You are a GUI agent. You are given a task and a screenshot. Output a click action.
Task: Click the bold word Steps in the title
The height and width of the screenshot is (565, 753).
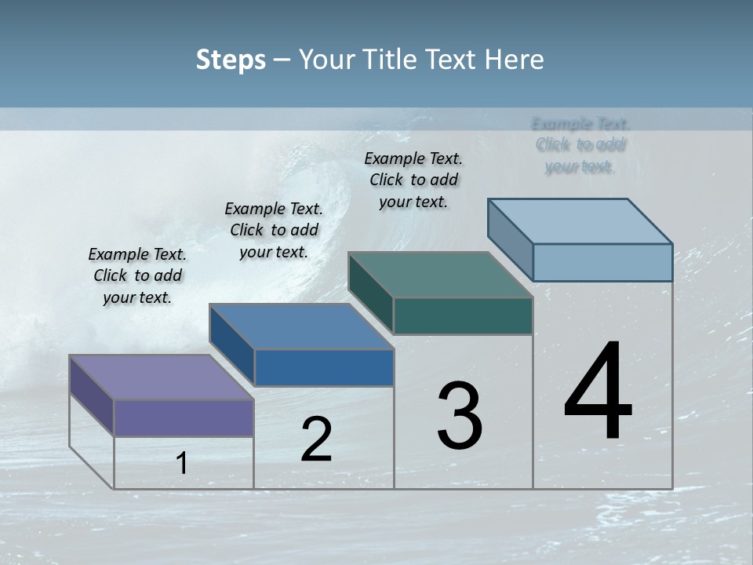[x=231, y=60]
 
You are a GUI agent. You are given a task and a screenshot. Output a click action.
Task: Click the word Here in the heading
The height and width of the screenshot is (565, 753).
[x=514, y=60]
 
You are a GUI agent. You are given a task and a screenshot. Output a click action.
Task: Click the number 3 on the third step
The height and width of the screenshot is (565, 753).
[x=460, y=416]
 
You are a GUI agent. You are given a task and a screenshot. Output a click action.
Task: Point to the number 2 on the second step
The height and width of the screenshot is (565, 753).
[x=317, y=439]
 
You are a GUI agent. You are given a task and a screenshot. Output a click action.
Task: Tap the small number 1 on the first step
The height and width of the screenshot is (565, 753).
[x=182, y=464]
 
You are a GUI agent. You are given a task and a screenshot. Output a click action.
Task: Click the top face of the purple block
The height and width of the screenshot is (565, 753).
[x=161, y=377]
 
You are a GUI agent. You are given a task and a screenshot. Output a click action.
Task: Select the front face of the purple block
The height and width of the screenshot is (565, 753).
[x=184, y=417]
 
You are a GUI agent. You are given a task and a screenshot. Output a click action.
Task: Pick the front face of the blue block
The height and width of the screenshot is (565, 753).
[x=324, y=367]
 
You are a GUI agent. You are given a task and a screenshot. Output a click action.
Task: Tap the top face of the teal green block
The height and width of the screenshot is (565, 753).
[x=440, y=275]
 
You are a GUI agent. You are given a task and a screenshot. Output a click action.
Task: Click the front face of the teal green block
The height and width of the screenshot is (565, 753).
[x=463, y=315]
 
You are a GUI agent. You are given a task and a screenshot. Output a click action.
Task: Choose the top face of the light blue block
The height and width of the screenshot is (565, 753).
[x=580, y=221]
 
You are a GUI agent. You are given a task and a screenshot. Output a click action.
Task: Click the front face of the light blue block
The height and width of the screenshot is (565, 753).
[x=602, y=262]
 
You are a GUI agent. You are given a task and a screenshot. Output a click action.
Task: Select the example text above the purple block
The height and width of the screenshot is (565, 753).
[x=137, y=276]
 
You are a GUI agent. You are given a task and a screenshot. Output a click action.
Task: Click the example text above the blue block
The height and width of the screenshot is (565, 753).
[x=274, y=230]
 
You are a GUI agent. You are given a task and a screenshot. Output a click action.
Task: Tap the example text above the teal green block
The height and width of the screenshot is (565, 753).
[x=413, y=180]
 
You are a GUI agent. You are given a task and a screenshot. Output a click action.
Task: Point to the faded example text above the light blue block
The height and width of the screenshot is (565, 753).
[x=580, y=145]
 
